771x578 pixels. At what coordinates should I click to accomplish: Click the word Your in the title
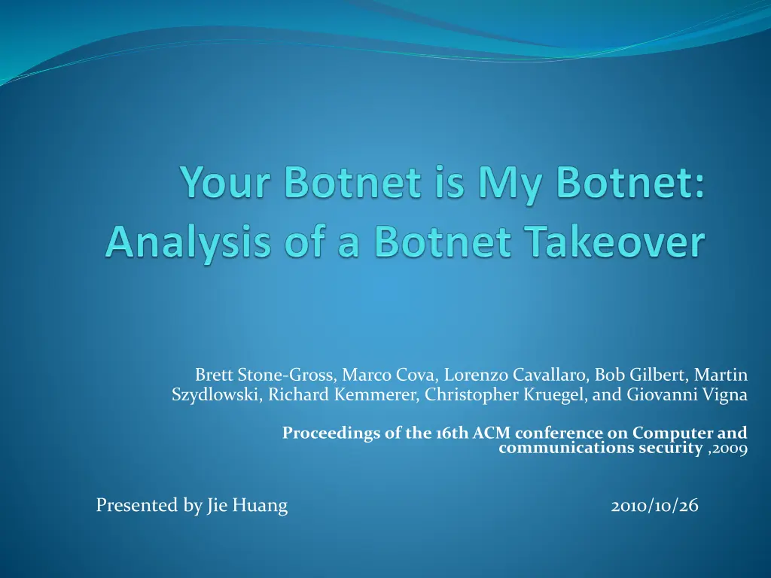coord(226,183)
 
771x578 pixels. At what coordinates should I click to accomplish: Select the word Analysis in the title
coord(187,243)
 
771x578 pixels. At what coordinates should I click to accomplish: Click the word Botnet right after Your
coord(353,182)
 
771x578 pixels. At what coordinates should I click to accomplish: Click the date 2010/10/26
coord(654,505)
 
